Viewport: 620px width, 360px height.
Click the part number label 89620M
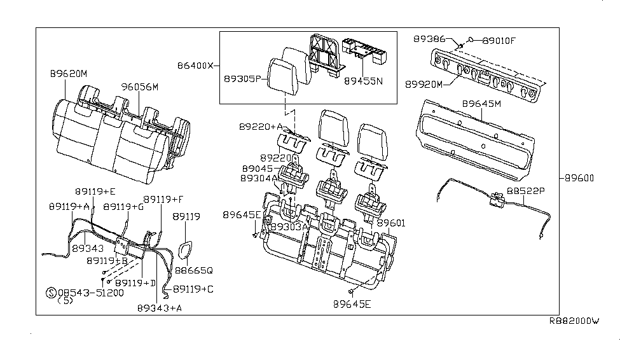coord(69,74)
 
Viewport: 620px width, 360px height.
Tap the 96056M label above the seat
coord(140,87)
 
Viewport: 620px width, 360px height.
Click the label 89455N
coord(364,81)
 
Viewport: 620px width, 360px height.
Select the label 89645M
coord(482,103)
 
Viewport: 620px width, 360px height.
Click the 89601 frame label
coord(391,223)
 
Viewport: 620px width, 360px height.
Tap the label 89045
coord(257,169)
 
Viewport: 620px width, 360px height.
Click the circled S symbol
coord(51,293)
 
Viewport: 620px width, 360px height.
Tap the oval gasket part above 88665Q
coord(185,251)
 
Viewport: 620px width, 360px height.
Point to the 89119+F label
coord(163,199)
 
